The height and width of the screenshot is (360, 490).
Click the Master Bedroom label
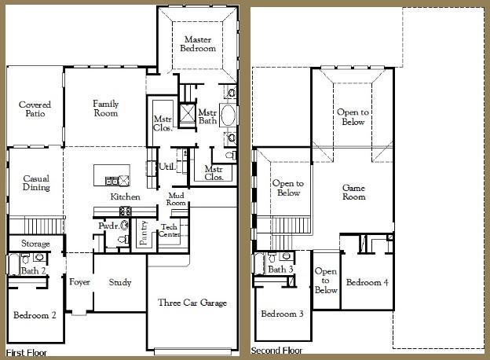click(x=198, y=44)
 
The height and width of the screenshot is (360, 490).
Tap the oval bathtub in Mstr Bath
click(x=229, y=115)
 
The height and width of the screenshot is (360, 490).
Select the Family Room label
click(x=106, y=108)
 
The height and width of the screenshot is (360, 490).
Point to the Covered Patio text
click(x=35, y=108)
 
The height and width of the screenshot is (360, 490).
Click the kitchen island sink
click(x=112, y=181)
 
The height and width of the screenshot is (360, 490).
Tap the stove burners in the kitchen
click(x=126, y=211)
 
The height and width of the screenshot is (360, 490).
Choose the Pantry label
click(x=144, y=233)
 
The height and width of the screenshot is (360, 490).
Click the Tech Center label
click(x=169, y=230)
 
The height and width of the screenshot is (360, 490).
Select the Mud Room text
click(x=176, y=199)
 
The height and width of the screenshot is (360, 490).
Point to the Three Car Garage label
click(x=192, y=303)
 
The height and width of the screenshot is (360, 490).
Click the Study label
click(x=120, y=282)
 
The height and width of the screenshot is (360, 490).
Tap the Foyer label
click(x=79, y=282)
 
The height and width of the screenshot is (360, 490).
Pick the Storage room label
click(x=35, y=244)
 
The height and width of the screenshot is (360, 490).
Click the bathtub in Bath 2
click(x=14, y=264)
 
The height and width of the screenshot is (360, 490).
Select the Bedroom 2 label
click(x=35, y=315)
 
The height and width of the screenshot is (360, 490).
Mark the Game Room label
click(x=353, y=192)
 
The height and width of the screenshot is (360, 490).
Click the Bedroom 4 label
click(x=367, y=282)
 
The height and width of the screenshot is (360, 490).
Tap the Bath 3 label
click(x=280, y=269)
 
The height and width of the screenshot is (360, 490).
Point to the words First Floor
click(x=26, y=353)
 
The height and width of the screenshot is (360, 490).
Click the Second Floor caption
click(x=276, y=351)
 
